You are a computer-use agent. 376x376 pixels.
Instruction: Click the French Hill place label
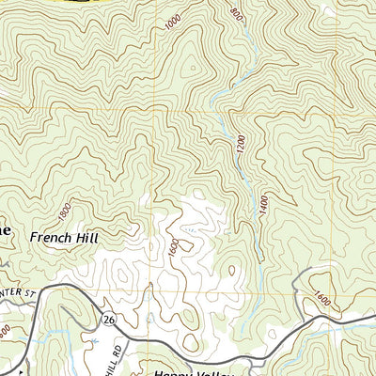64,238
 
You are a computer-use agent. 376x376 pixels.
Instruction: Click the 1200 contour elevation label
242,146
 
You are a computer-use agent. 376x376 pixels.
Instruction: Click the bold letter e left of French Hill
6,230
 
